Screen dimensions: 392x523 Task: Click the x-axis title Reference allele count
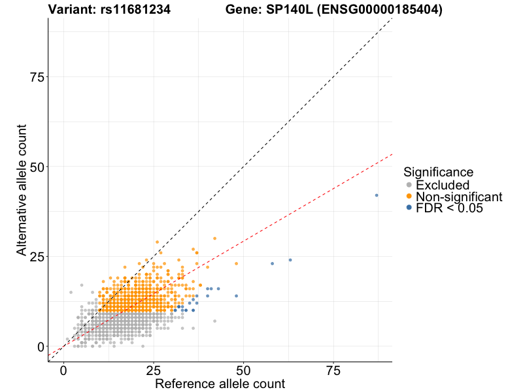tap(220, 384)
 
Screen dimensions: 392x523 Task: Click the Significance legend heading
tap(438, 172)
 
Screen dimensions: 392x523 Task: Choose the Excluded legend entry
tap(443, 185)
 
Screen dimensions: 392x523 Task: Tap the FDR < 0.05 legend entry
tap(449, 208)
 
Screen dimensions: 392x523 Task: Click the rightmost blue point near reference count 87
tap(377, 195)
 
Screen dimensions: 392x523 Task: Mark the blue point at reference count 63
tap(290, 260)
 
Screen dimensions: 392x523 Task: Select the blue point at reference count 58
tap(272, 263)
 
